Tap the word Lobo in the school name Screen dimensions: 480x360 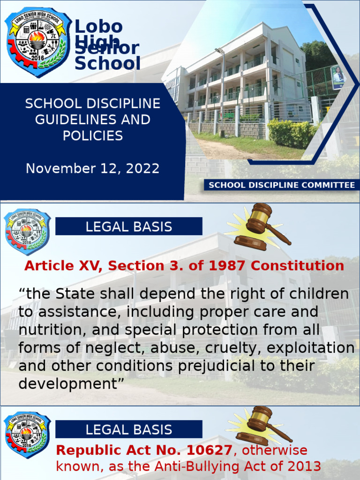98,27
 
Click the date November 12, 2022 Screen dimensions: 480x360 93,168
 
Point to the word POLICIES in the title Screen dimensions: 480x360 93,136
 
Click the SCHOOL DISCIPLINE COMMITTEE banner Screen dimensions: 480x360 282,185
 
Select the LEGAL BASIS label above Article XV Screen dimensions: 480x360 128,227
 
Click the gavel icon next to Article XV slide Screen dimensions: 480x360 258,227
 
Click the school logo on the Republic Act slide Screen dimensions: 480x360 27,435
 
